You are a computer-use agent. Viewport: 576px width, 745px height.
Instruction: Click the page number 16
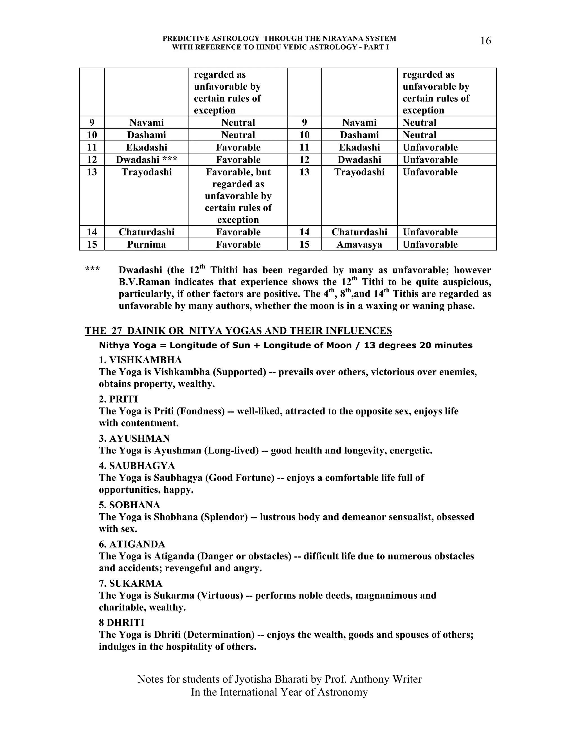485,41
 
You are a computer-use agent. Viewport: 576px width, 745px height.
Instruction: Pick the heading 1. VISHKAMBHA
140,360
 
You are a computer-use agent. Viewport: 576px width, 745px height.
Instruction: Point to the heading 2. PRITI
118,399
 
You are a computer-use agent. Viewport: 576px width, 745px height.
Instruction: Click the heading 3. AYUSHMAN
134,438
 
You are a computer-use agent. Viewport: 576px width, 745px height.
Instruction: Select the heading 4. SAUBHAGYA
137,466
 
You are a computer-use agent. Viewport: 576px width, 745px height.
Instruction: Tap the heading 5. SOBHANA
129,505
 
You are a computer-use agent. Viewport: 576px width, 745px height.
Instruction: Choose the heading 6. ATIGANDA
132,544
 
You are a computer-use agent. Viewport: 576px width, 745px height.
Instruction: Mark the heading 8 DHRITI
121,622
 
